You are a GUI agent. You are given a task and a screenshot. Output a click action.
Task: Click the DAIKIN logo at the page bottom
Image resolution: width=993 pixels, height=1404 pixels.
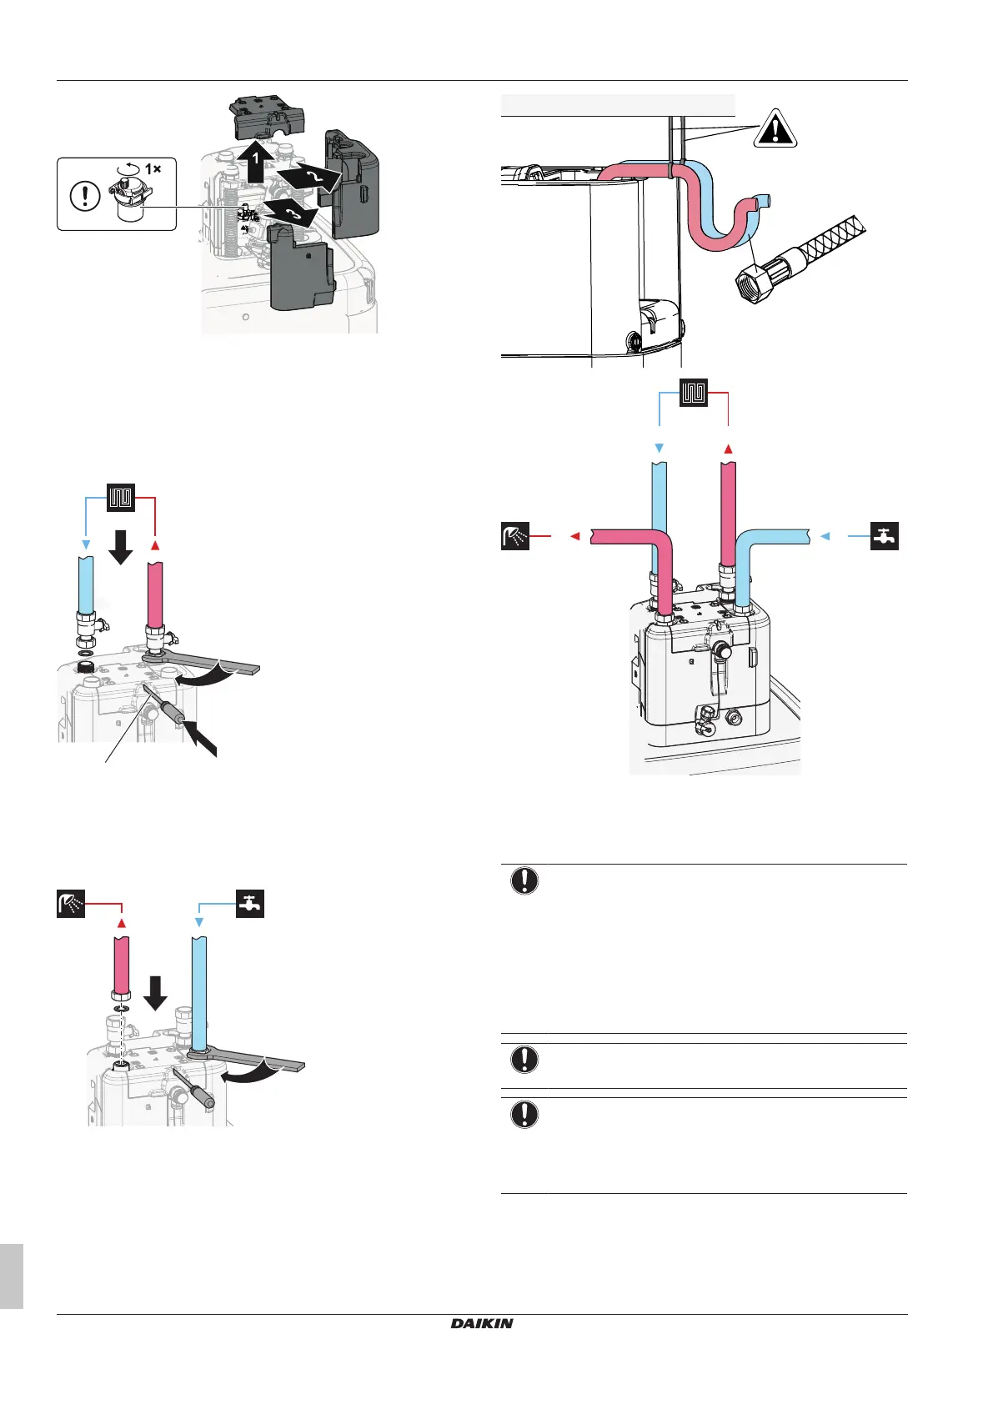click(482, 1323)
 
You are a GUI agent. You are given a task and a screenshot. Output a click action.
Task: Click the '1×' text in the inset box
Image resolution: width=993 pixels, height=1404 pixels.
click(153, 169)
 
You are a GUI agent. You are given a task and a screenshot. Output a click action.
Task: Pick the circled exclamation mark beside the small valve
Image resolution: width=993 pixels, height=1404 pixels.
click(84, 196)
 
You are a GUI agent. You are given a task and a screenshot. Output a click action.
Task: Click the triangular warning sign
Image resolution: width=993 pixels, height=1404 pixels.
click(775, 128)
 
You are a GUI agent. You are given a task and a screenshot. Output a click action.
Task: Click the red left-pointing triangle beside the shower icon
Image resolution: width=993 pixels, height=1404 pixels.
click(574, 536)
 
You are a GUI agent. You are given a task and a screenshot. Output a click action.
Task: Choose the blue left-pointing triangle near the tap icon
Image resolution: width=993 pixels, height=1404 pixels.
click(825, 536)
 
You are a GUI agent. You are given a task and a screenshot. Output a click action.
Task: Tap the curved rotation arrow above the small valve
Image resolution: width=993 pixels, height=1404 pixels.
click(128, 168)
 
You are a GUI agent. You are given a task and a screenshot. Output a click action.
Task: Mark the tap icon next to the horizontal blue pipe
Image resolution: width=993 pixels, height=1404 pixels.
click(885, 536)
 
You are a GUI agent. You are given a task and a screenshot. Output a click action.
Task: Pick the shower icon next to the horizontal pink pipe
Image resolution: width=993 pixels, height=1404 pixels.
click(515, 536)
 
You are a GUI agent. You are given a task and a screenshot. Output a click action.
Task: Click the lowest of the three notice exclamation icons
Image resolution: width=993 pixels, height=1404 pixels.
click(524, 1115)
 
